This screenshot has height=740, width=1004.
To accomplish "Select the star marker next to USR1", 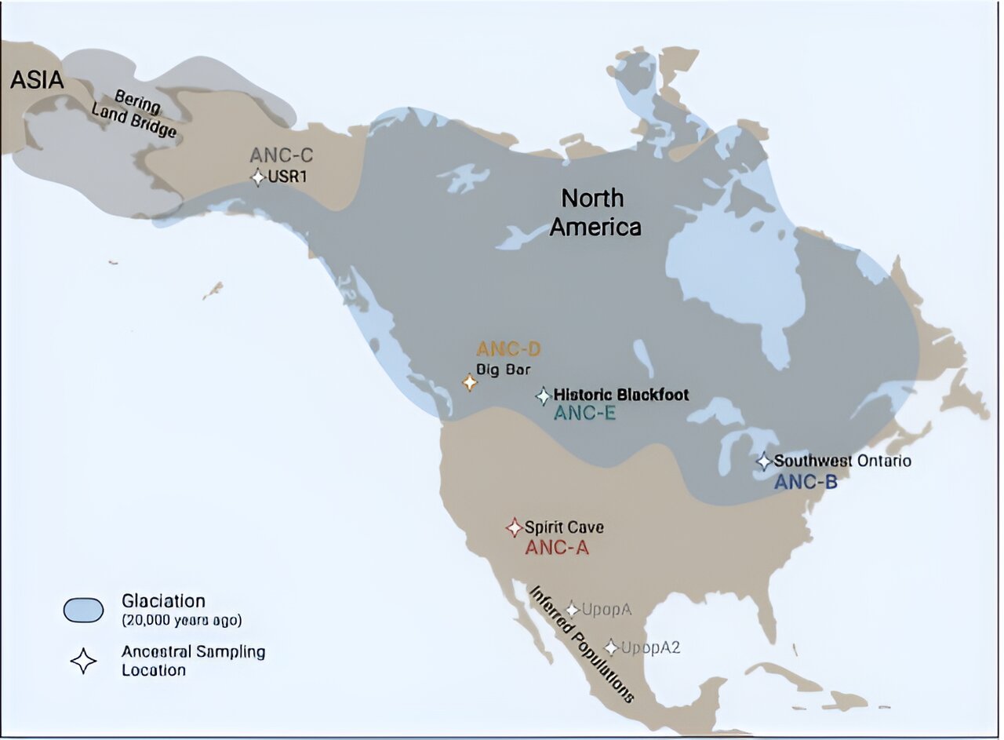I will coord(258,177).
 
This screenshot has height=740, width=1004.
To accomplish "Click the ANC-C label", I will coord(281,155).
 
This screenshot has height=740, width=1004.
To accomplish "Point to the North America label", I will coord(595,213).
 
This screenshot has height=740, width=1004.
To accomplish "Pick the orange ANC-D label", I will coord(508,349).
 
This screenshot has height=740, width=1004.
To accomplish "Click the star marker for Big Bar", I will coord(470,383).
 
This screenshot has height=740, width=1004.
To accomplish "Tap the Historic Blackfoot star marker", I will coord(544,396).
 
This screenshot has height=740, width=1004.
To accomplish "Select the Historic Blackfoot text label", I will coord(621,395).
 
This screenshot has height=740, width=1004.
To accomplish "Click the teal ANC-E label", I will coord(584,413).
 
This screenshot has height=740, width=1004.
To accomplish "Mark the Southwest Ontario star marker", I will coord(764,461).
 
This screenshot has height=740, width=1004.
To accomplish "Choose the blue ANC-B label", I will coord(806,482).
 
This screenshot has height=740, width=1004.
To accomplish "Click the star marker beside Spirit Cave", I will coord(514,527).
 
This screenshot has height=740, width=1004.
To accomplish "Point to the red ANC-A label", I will coord(556,548).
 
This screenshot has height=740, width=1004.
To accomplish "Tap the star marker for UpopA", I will coord(573,610).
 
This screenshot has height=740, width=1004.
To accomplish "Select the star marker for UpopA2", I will coord(611,648).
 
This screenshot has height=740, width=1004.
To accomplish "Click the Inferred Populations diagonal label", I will coord(581,643).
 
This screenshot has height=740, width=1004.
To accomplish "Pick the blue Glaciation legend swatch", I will coord(83,610).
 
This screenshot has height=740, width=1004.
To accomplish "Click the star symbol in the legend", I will coord(83,661).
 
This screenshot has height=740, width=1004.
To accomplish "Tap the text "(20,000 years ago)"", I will coord(181,620).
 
